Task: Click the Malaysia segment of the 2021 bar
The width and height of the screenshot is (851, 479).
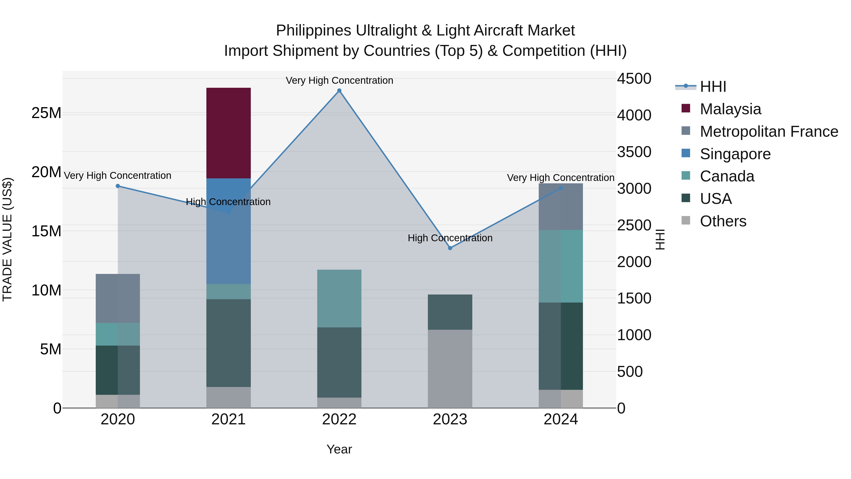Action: pyautogui.click(x=228, y=133)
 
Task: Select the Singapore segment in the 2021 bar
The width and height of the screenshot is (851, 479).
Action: pyautogui.click(x=228, y=231)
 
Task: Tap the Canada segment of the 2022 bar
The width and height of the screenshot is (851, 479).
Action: pyautogui.click(x=339, y=298)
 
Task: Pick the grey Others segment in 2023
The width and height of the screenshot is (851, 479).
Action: pyautogui.click(x=450, y=368)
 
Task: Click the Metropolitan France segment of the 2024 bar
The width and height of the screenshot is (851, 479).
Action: pyautogui.click(x=561, y=207)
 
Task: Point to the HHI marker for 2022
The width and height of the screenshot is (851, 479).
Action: pyautogui.click(x=339, y=91)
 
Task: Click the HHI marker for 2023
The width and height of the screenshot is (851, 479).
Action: pyautogui.click(x=450, y=248)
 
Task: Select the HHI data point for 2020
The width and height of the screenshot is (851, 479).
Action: pyautogui.click(x=118, y=186)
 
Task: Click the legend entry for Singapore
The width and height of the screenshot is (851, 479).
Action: pyautogui.click(x=735, y=154)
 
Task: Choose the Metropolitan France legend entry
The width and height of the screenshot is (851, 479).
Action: pyautogui.click(x=769, y=132)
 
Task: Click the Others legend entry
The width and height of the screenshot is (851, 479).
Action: pyautogui.click(x=723, y=221)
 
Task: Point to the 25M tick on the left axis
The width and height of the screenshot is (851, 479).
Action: pyautogui.click(x=46, y=113)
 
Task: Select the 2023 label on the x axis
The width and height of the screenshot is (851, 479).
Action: pyautogui.click(x=450, y=419)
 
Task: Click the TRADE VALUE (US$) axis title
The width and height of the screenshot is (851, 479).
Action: pyautogui.click(x=7, y=239)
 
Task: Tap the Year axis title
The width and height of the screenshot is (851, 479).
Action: pyautogui.click(x=339, y=449)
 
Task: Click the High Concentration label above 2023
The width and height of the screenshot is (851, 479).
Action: pyautogui.click(x=450, y=238)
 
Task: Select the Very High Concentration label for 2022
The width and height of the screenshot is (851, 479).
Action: pyautogui.click(x=339, y=80)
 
